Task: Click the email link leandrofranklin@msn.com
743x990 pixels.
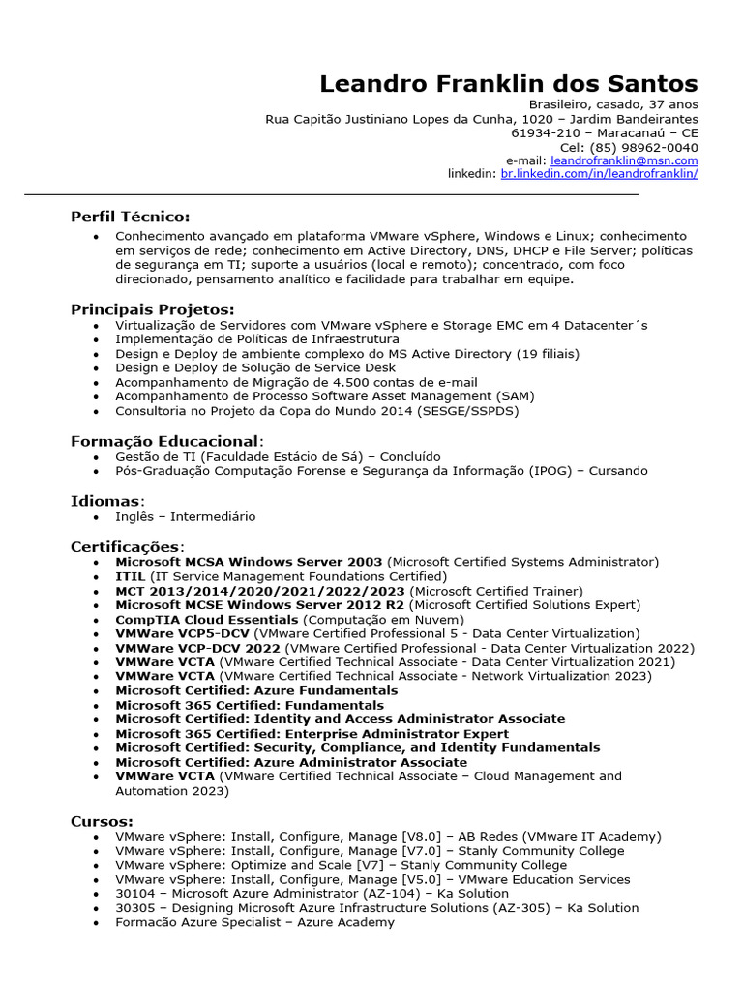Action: tap(624, 160)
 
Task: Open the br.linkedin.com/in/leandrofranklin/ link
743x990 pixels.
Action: tap(599, 174)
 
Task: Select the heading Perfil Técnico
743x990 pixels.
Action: tap(131, 217)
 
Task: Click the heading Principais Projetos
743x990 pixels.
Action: tap(153, 309)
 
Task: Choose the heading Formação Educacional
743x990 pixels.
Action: tap(164, 441)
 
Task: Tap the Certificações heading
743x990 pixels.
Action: tap(126, 547)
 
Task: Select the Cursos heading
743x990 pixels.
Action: tap(102, 821)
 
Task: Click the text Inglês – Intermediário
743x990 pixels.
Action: tap(186, 516)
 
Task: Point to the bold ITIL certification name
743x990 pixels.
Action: tap(130, 576)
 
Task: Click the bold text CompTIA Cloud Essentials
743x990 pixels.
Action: tap(207, 619)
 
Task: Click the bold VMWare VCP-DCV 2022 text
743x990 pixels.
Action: tap(197, 648)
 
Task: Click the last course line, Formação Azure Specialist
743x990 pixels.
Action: tap(254, 922)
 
